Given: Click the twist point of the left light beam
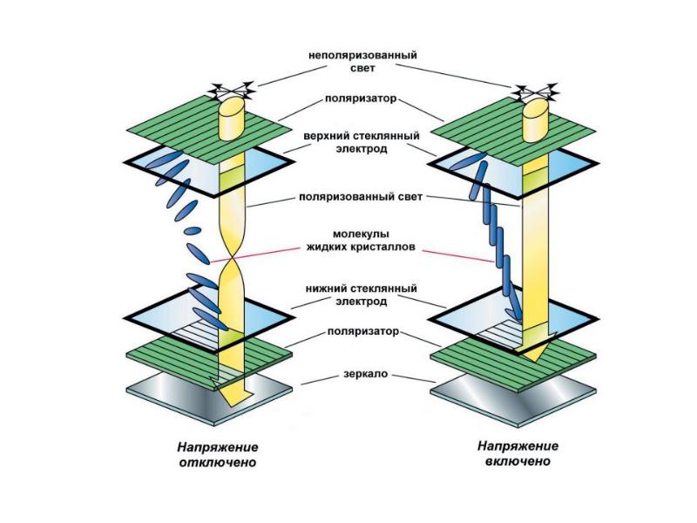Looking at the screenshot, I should [233, 259].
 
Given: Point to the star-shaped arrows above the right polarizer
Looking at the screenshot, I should [535, 90].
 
